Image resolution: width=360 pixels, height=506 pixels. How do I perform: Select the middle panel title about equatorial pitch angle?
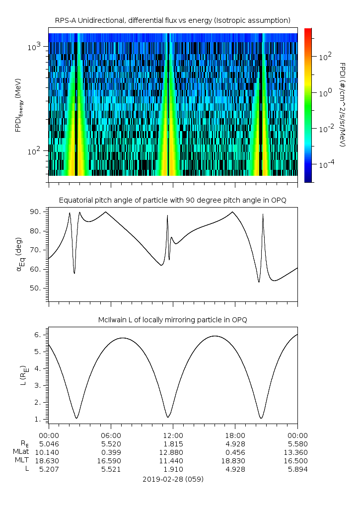click(172, 200)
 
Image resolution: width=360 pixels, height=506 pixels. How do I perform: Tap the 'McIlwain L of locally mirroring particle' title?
click(172, 320)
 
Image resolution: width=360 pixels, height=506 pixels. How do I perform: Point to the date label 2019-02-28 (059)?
click(173, 479)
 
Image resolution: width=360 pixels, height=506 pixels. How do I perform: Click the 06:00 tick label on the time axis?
click(111, 434)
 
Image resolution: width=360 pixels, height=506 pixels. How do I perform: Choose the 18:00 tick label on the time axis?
click(235, 434)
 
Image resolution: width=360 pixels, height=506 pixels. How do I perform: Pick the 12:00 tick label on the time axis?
click(173, 434)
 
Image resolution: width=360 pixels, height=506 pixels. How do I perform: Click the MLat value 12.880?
click(173, 452)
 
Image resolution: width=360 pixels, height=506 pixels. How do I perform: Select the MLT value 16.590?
click(111, 461)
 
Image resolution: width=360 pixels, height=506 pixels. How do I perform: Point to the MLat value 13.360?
click(297, 452)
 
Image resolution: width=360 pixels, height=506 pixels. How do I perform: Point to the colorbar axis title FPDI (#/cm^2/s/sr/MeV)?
click(343, 105)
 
